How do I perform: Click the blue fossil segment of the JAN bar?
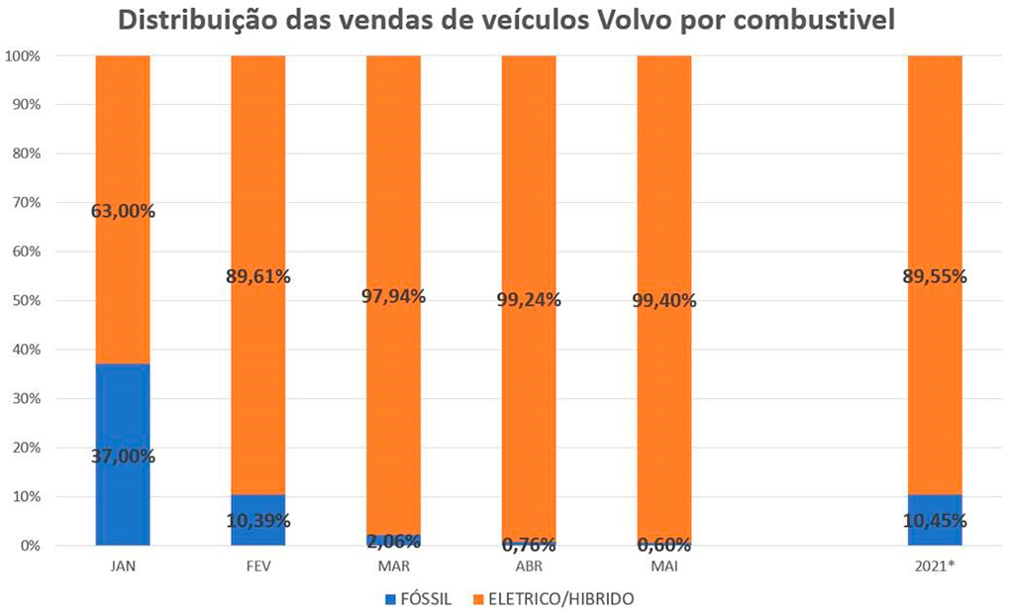point(123,416)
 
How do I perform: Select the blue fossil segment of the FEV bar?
point(258,507)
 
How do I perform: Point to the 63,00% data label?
point(123,210)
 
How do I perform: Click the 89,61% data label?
point(258,276)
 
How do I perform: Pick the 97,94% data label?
point(394,295)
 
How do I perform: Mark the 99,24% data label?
point(529,299)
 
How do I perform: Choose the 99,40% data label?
point(664,299)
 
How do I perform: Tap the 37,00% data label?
point(123,457)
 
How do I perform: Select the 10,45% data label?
point(935,521)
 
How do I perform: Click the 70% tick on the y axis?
point(27,202)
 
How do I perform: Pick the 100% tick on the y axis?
point(24,55)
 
